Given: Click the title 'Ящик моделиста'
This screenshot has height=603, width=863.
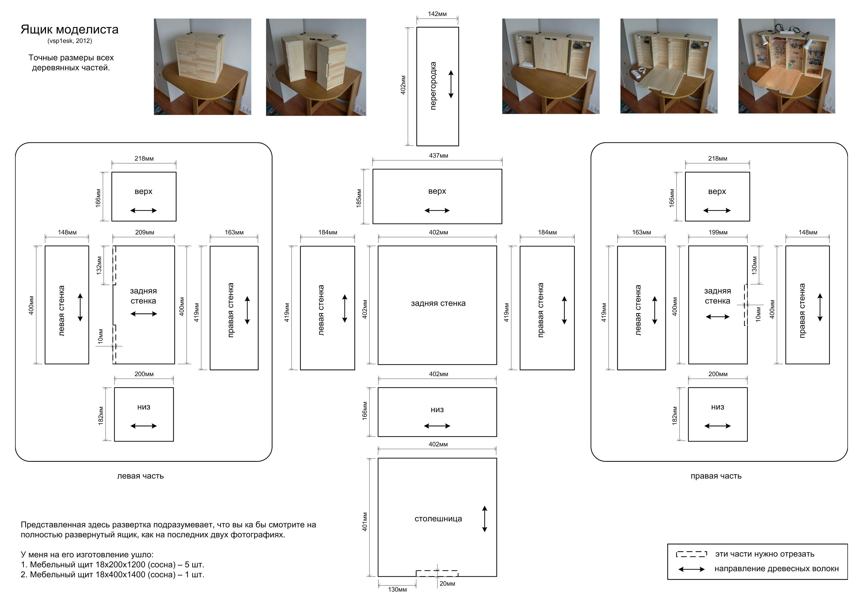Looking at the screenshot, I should (x=70, y=29).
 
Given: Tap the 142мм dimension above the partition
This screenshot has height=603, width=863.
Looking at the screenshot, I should (x=437, y=14).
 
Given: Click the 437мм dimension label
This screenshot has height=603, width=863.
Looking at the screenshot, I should (x=438, y=156).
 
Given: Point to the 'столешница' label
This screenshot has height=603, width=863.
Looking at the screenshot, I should (x=438, y=519).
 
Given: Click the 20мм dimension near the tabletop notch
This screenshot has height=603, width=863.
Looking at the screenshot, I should (x=447, y=584).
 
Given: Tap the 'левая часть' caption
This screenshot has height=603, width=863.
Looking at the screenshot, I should (x=140, y=476).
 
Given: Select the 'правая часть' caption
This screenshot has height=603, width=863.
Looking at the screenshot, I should (x=716, y=476).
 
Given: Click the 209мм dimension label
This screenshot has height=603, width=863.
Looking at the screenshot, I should (x=144, y=232).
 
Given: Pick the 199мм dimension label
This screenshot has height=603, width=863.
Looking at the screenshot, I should (x=718, y=232).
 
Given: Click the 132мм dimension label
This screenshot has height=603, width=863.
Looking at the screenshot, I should (x=99, y=265).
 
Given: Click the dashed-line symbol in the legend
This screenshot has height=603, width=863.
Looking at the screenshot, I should (x=691, y=554).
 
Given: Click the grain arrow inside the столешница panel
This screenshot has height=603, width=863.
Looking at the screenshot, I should (x=484, y=519).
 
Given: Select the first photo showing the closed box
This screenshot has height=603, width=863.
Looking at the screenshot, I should (x=202, y=67).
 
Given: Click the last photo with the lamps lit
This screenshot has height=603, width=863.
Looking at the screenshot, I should (x=786, y=66).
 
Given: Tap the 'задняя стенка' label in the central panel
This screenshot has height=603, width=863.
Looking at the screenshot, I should (x=438, y=303).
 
